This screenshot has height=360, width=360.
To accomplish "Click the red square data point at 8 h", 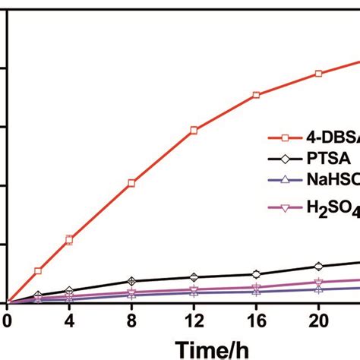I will tap(131, 183).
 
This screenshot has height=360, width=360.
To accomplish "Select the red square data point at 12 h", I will tap(194, 131).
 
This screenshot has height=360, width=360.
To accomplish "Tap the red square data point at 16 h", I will tap(256, 95).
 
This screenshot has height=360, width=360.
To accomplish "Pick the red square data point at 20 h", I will tap(318, 74).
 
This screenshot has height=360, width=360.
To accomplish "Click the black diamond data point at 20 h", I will tap(318, 266).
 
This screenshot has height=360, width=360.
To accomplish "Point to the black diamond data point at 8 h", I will tap(131, 281).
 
